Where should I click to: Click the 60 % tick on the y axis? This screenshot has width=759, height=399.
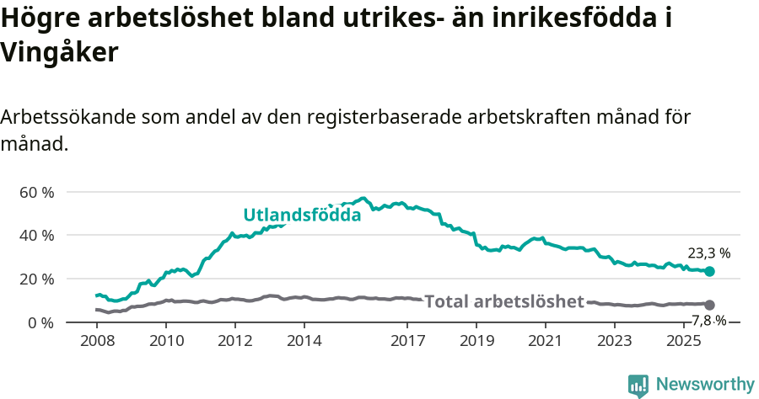[36, 192]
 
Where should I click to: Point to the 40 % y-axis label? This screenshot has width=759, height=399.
[36, 236]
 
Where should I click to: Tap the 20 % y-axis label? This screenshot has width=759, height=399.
[36, 279]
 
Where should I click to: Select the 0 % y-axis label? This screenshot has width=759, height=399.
[40, 322]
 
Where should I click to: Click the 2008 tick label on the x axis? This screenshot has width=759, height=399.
[97, 341]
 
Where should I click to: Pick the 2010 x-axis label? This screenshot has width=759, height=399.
[166, 341]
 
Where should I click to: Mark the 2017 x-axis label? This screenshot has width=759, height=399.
[407, 341]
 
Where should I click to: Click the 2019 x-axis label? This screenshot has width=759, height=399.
[476, 341]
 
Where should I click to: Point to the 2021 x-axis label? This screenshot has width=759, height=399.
[546, 341]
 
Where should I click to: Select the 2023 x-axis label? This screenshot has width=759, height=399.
[615, 341]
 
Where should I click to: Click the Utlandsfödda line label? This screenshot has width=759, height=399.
[302, 215]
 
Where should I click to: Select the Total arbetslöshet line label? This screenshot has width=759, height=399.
[503, 301]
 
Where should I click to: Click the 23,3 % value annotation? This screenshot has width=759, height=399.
[708, 253]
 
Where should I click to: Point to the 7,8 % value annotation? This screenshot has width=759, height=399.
[708, 320]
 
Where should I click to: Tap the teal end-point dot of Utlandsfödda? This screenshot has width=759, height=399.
[709, 271]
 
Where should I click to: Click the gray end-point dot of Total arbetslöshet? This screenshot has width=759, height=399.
[709, 305]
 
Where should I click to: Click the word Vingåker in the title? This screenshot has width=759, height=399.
[58, 53]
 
